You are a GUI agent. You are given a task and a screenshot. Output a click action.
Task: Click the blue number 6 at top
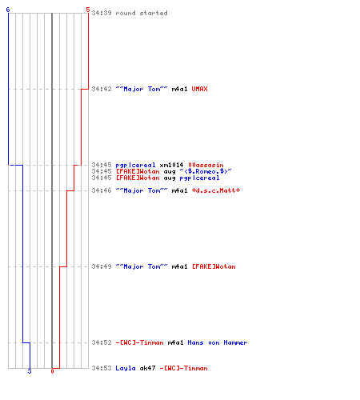click(8, 10)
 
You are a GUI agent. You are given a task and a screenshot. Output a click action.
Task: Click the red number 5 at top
click(88, 10)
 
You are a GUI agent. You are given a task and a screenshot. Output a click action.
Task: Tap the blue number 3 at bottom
click(30, 371)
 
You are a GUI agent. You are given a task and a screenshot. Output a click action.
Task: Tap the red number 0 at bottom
click(52, 371)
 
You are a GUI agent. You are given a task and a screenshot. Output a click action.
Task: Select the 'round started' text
click(142, 13)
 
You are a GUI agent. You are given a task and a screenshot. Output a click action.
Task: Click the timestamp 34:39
click(102, 13)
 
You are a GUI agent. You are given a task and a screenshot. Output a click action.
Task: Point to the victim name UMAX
click(199, 89)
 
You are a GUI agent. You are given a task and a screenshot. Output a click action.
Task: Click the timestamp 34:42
click(102, 89)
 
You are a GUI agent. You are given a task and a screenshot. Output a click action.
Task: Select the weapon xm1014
click(171, 165)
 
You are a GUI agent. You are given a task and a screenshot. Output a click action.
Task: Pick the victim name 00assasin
click(206, 165)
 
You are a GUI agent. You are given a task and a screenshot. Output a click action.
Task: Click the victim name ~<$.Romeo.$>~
click(206, 171)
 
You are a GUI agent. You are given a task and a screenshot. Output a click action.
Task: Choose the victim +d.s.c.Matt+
click(216, 190)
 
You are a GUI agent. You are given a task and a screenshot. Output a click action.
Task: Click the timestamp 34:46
click(102, 190)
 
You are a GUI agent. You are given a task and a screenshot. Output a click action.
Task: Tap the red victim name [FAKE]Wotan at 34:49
click(214, 266)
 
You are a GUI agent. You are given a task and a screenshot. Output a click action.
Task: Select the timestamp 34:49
click(102, 266)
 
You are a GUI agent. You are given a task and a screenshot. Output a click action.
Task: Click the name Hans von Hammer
click(218, 342)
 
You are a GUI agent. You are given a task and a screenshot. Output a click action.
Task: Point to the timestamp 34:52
click(102, 342)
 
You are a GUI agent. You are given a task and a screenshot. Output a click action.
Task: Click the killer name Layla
click(126, 368)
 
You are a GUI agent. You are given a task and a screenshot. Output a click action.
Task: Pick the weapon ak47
click(147, 368)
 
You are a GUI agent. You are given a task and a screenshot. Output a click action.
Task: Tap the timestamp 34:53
click(102, 368)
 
